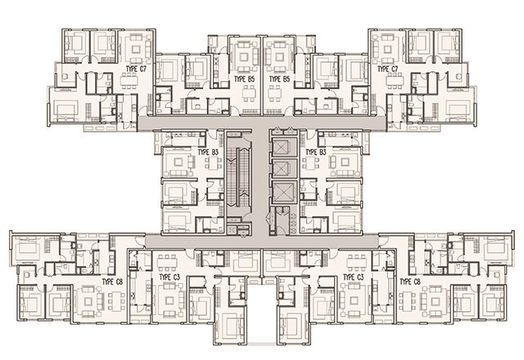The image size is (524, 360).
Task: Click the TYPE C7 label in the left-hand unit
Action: tap(136, 69)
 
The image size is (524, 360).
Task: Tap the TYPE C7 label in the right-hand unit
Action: tap(387, 69)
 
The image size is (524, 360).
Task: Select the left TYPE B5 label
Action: tap(244, 79)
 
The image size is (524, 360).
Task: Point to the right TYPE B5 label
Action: tap(279, 79)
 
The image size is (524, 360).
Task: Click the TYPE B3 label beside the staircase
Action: tap(208, 152)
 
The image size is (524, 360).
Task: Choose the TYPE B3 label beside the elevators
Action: tap(316, 152)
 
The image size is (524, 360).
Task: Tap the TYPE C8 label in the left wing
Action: tap(112, 281)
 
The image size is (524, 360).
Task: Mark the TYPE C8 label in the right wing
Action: tap(410, 281)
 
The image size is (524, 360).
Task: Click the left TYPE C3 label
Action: tap(169, 277)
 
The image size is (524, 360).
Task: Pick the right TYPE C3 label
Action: tap(354, 277)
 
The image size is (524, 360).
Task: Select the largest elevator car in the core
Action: tap(284, 192)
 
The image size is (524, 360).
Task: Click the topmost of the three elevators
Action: tap(284, 146)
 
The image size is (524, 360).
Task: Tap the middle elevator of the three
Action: tap(284, 168)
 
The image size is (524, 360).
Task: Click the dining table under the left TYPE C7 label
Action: tap(129, 81)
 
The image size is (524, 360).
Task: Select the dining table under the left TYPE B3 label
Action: tap(213, 163)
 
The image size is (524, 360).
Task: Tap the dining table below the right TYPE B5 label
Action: tap(275, 93)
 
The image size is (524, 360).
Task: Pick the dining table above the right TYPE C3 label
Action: tap(357, 263)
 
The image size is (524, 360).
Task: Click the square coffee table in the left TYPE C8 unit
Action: tap(88, 302)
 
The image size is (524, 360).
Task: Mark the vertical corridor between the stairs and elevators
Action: tap(260, 181)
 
